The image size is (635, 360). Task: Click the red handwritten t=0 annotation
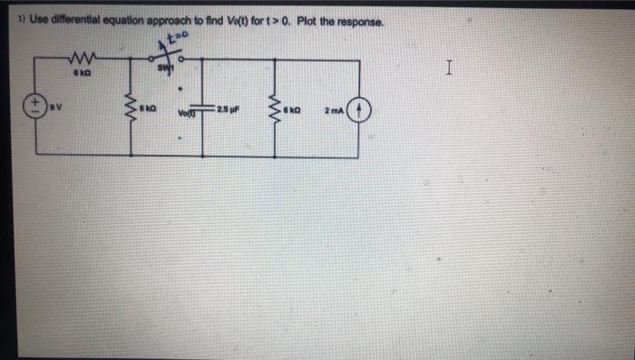tap(171, 40)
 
